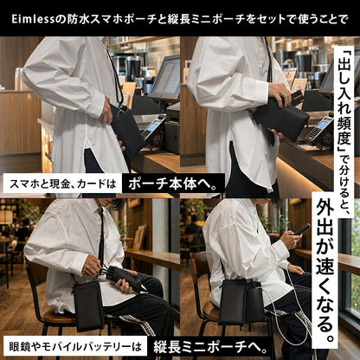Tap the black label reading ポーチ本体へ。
(x=173, y=183)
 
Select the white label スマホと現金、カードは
(x=62, y=183)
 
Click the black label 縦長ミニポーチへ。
(x=210, y=347)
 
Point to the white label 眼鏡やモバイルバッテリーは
(x=75, y=347)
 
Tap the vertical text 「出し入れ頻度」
(x=344, y=101)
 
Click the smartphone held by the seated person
(x=301, y=229)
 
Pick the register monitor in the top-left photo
(x=164, y=78)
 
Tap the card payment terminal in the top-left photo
(x=153, y=128)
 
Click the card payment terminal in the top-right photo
(x=319, y=127)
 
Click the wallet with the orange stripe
(x=294, y=98)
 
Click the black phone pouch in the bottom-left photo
(x=88, y=306)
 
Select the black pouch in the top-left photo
(x=127, y=129)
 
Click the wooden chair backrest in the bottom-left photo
(x=35, y=277)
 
